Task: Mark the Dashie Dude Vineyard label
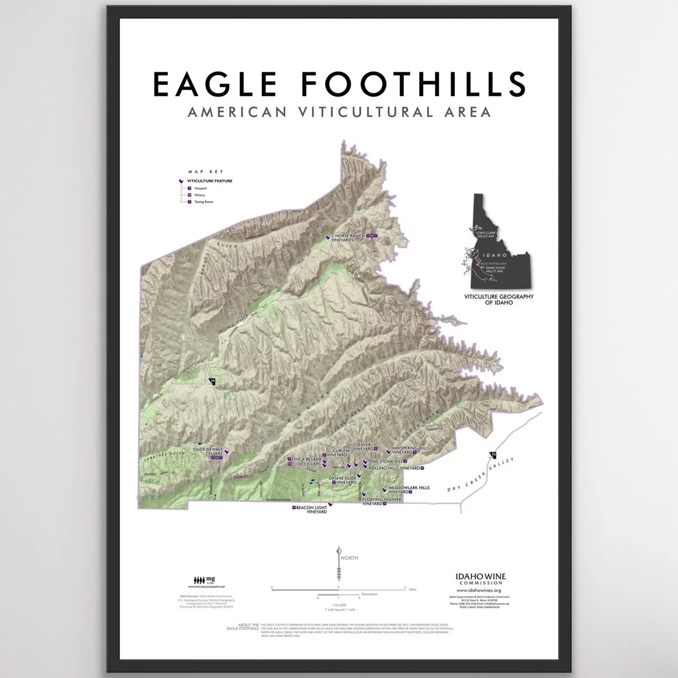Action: (344, 481)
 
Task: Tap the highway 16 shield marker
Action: (212, 381)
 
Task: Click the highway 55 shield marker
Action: (493, 455)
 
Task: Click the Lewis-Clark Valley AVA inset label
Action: (488, 234)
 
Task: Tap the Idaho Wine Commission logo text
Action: (480, 579)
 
